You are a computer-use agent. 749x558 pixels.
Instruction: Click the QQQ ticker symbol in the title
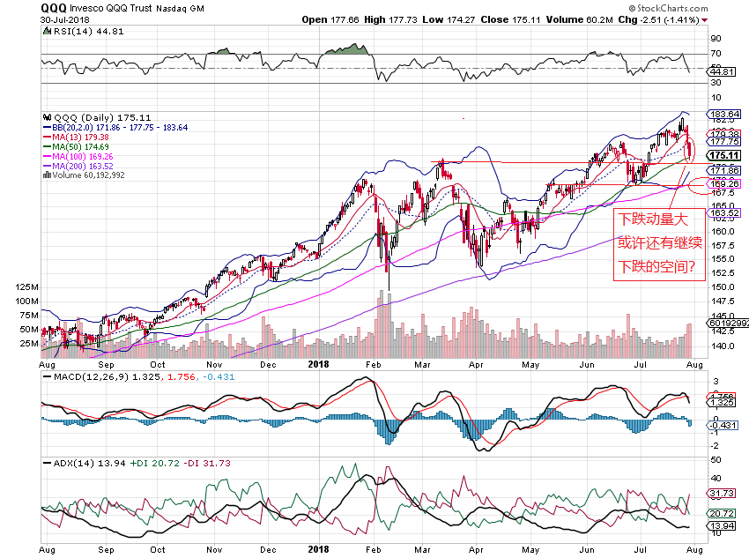pyautogui.click(x=53, y=7)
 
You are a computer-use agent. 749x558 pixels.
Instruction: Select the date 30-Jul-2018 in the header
pyautogui.click(x=67, y=19)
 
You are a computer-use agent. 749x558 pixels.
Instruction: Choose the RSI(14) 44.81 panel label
pyautogui.click(x=80, y=32)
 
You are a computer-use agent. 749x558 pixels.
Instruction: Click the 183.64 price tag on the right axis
pyautogui.click(x=726, y=115)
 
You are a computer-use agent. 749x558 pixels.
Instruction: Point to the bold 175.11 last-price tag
pyautogui.click(x=726, y=155)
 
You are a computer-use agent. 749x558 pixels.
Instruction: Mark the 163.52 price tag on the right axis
pyautogui.click(x=726, y=212)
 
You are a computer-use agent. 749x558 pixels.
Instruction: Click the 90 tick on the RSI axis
pyautogui.click(x=716, y=39)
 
